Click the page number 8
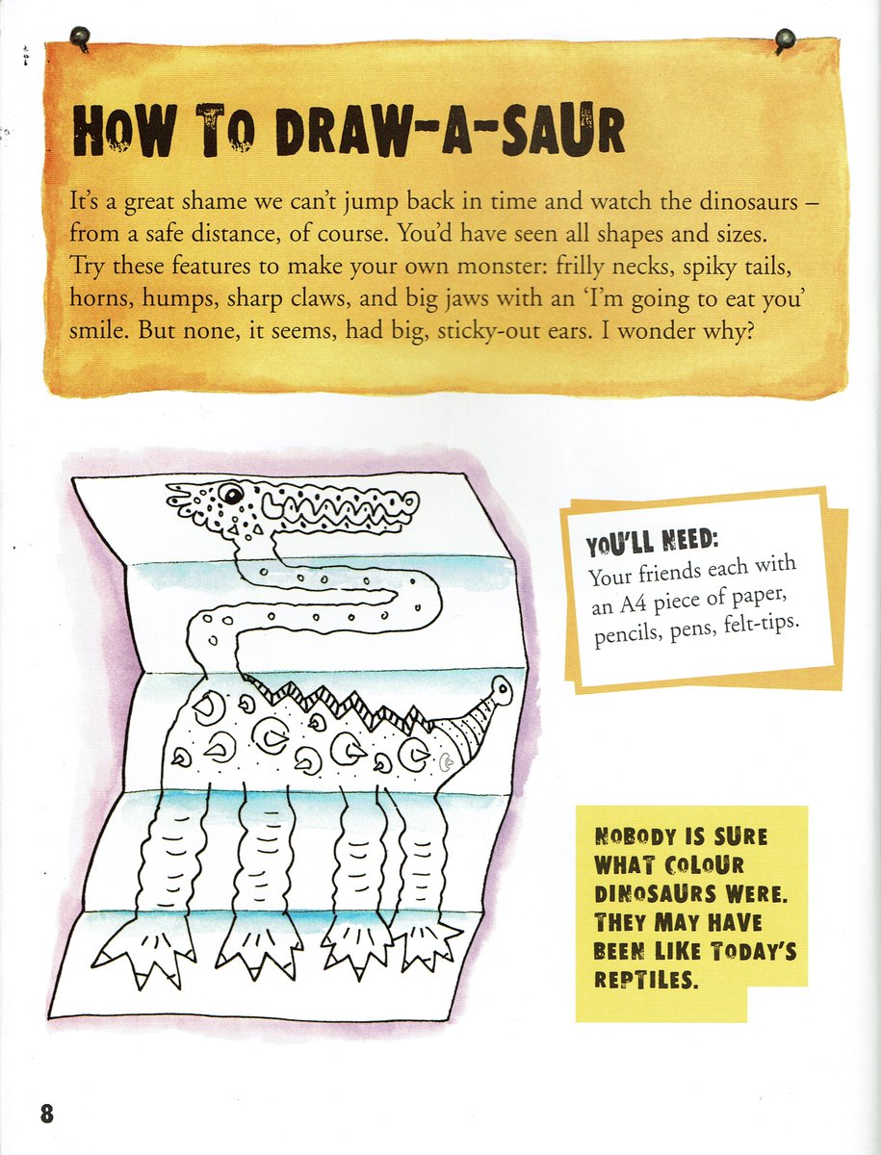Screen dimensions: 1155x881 coord(46,1113)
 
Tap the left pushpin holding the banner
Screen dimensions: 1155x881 coord(81,38)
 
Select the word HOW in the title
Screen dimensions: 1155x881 coord(119,135)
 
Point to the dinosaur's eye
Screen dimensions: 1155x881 coord(231,494)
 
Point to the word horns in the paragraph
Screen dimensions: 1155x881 coord(99,299)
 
